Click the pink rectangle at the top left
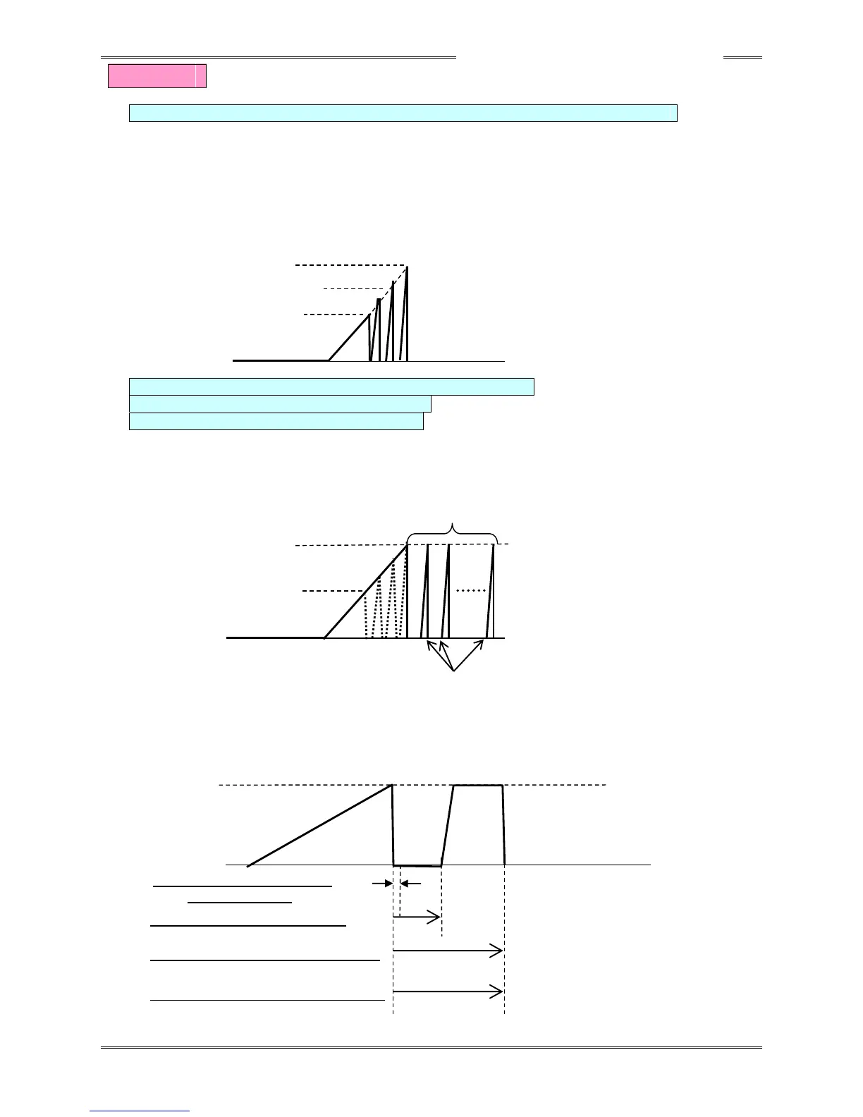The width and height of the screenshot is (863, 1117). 157,76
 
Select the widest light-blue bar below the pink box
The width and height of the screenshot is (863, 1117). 403,113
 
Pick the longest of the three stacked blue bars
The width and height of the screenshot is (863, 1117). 331,386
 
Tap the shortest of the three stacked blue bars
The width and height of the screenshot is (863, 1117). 276,421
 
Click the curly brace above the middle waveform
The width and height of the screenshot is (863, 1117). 453,531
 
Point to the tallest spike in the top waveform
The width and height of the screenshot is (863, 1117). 406,314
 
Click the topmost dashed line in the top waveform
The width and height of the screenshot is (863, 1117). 349,265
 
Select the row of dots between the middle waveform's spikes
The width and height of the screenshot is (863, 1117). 471,590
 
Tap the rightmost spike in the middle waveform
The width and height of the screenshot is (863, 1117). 492,592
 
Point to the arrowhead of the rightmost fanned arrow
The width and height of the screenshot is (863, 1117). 483,642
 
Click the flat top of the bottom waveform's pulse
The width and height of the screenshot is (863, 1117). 477,785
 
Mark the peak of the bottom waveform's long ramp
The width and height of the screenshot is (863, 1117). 391,786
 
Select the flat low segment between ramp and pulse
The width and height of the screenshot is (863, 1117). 417,865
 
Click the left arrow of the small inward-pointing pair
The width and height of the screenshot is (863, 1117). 383,883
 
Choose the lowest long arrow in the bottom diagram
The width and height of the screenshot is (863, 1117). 448,992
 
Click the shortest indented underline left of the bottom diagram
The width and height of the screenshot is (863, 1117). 240,902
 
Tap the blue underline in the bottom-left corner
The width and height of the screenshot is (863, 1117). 140,1111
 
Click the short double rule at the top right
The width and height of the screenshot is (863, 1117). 742,57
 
